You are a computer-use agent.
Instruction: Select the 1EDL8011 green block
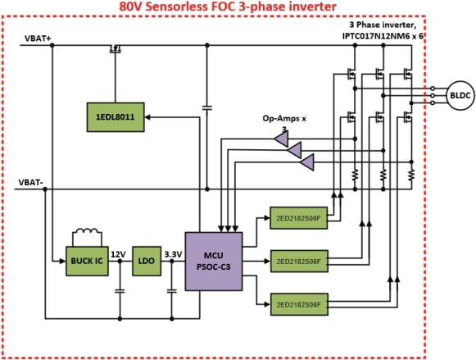(x=115, y=117)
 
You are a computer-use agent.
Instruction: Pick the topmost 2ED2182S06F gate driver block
(x=298, y=219)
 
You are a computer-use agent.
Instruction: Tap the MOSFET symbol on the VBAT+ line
(x=115, y=49)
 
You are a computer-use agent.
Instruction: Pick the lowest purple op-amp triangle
(x=306, y=164)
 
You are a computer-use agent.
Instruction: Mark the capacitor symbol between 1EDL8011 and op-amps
(x=206, y=107)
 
